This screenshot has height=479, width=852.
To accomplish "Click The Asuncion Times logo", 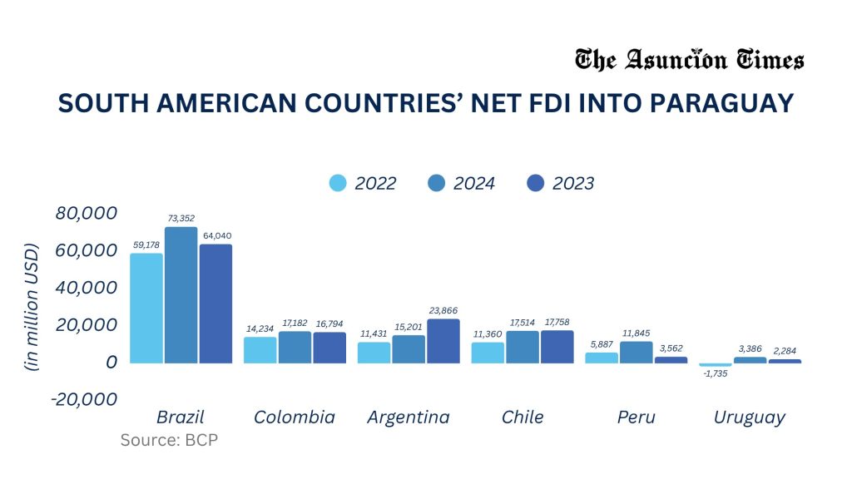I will [689, 61].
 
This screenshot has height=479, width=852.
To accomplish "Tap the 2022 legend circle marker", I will [339, 183].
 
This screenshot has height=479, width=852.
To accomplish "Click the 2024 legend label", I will [474, 184].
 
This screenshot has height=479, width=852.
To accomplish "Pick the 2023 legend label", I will [573, 184].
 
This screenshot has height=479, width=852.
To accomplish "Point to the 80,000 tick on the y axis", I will [86, 213].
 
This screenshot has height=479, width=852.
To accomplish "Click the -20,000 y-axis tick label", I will [84, 399].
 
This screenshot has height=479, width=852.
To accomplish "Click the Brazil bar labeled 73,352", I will [181, 295].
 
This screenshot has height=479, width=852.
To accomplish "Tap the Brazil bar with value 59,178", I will [146, 308].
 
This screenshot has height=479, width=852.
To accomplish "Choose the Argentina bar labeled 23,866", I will [443, 341].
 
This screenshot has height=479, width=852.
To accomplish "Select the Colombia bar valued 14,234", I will [260, 350].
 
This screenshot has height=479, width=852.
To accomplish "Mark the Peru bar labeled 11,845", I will [636, 352].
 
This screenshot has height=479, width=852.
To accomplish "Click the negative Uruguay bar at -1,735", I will [716, 365].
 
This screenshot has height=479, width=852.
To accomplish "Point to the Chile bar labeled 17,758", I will [557, 347].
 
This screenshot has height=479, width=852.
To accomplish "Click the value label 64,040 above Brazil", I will [215, 235].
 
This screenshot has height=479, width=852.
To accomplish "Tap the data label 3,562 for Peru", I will [671, 348].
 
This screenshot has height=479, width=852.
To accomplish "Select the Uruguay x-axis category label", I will [749, 417].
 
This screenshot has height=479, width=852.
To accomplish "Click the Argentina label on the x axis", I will [408, 417].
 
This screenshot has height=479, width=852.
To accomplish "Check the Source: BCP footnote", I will [169, 440].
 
